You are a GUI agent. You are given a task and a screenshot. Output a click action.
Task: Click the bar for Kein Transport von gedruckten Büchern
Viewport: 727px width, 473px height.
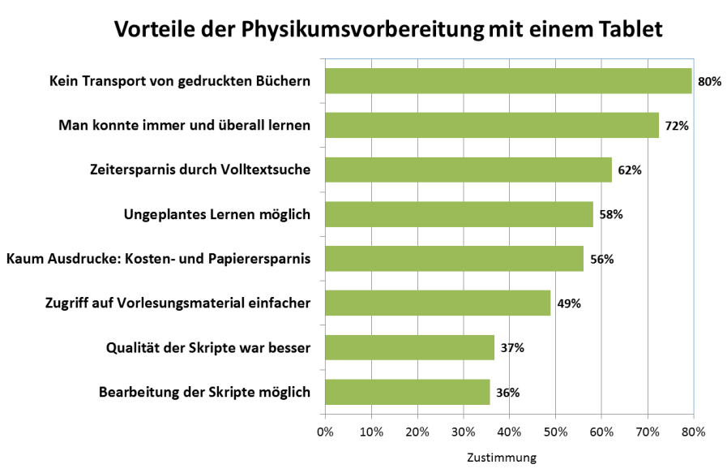[508, 81]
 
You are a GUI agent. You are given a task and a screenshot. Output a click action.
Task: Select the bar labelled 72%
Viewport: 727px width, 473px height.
[491, 126]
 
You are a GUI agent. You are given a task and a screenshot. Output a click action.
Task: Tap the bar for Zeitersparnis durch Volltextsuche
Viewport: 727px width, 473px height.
[468, 170]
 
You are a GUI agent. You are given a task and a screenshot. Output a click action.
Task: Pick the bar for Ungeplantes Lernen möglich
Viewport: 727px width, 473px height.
[459, 214]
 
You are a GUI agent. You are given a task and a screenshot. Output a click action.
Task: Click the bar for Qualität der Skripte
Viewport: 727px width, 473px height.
[409, 347]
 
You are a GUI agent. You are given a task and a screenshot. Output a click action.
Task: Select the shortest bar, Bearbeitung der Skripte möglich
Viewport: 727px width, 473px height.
[407, 392]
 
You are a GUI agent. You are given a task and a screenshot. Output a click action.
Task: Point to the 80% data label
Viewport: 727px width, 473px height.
[709, 82]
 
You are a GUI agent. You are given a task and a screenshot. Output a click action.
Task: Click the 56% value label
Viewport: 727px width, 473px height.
[601, 260]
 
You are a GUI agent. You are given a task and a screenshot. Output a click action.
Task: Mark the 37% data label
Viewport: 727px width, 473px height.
[512, 348]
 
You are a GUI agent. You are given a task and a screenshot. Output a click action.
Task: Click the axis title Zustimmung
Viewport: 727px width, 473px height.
[501, 458]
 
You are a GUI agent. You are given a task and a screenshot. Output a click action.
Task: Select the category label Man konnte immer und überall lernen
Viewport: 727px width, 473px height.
[186, 126]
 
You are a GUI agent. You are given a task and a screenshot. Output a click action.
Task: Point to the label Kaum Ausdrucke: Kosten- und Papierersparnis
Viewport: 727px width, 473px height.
[159, 259]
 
